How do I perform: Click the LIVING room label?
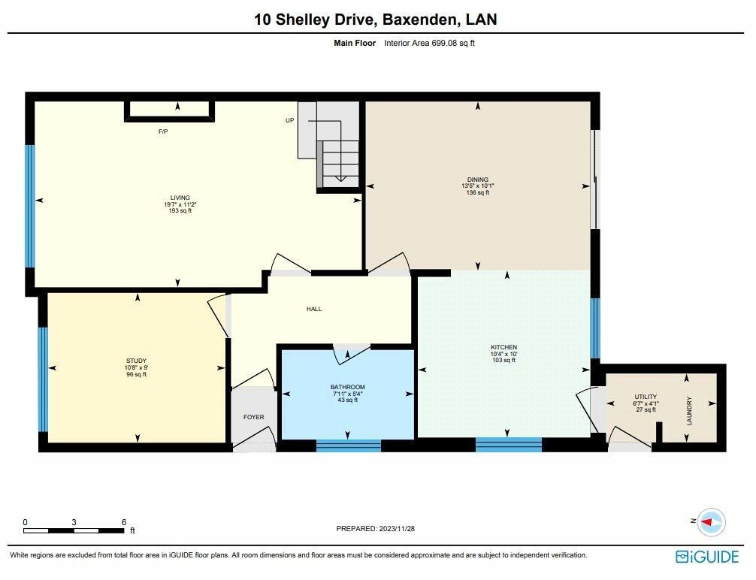[x=180, y=198]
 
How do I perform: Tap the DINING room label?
[x=478, y=180]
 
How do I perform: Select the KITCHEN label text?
[x=503, y=347]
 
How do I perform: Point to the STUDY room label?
[x=137, y=361]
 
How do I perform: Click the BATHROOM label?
[x=348, y=387]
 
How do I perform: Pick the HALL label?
[x=314, y=309]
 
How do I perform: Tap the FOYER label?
[x=253, y=417]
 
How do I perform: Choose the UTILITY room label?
[x=646, y=397]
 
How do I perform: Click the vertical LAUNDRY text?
[x=689, y=411]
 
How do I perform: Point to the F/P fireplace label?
[x=163, y=131]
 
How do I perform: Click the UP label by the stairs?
[x=290, y=120]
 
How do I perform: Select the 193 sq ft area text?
[x=180, y=210]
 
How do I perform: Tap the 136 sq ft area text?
[x=478, y=192]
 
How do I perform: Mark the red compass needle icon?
[x=707, y=521]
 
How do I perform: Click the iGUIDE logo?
[x=707, y=557]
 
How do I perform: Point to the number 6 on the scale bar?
[x=124, y=522]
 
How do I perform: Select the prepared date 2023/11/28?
[x=396, y=528]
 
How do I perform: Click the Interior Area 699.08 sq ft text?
[x=430, y=43]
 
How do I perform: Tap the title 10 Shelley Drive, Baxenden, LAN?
[x=376, y=20]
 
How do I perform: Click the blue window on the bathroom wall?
[x=349, y=445]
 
